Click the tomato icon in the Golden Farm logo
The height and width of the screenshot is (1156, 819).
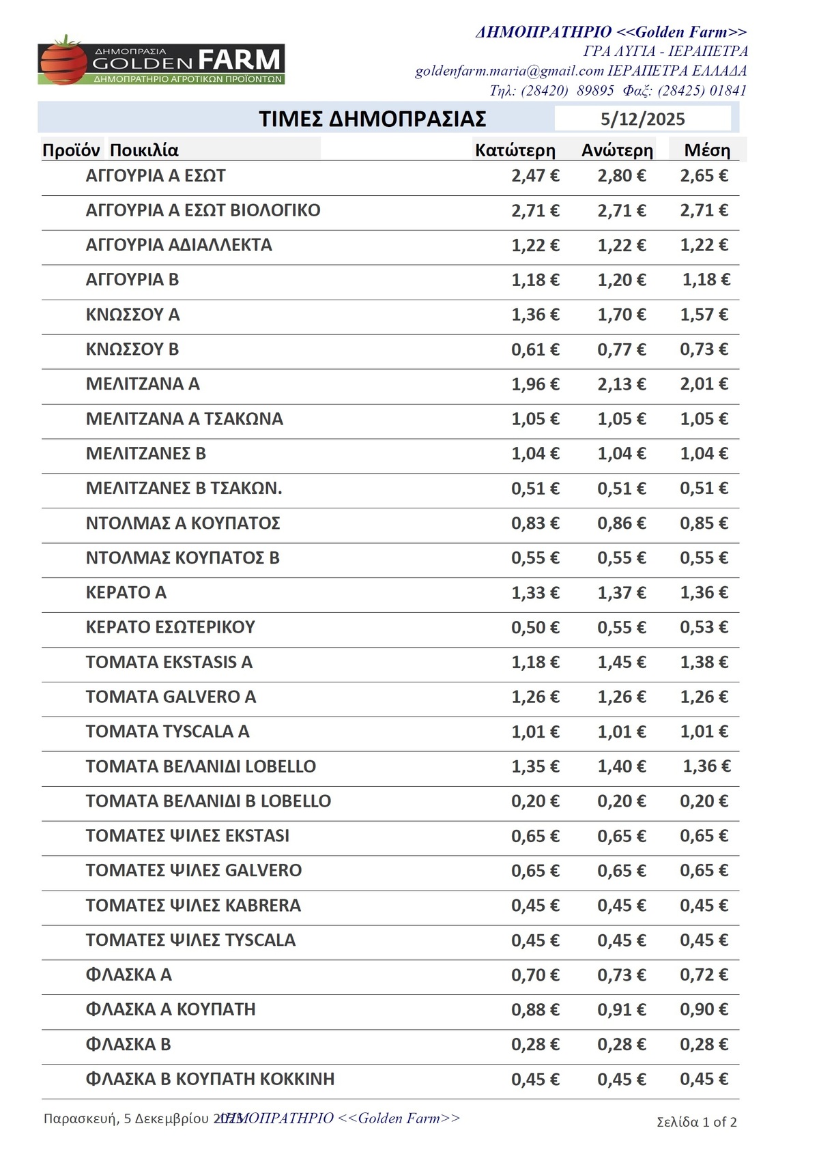pyautogui.click(x=63, y=61)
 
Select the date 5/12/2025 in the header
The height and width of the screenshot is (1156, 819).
pyautogui.click(x=642, y=119)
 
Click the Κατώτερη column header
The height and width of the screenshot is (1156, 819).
pyautogui.click(x=515, y=150)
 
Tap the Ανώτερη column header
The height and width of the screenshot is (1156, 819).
pyautogui.click(x=617, y=150)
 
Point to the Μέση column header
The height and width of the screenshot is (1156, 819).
pyautogui.click(x=707, y=150)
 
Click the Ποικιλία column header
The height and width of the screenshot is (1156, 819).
pyautogui.click(x=144, y=150)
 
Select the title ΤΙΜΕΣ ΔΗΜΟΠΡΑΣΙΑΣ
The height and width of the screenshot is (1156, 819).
pyautogui.click(x=372, y=119)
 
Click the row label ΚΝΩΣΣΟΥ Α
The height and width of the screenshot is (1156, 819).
pyautogui.click(x=132, y=315)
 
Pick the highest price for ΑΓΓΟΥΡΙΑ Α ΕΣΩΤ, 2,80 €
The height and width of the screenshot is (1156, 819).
pyautogui.click(x=621, y=176)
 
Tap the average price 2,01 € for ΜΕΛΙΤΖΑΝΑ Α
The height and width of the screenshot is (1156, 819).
pyautogui.click(x=704, y=384)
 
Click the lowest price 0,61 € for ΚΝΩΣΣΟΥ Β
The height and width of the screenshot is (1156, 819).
pyautogui.click(x=535, y=349)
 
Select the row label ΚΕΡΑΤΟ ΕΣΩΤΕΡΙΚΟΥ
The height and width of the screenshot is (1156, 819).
pyautogui.click(x=170, y=627)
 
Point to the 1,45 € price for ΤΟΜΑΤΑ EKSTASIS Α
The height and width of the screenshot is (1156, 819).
pyautogui.click(x=621, y=662)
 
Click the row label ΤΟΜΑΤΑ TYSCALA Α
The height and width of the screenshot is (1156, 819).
pyautogui.click(x=167, y=732)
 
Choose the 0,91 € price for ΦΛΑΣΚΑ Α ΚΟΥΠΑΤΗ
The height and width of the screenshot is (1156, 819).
pyautogui.click(x=621, y=1009)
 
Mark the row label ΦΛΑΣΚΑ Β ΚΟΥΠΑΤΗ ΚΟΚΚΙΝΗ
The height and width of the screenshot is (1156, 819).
pyautogui.click(x=210, y=1079)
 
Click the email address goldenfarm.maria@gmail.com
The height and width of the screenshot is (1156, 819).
pyautogui.click(x=509, y=71)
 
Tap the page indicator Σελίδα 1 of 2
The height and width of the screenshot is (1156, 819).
pyautogui.click(x=696, y=1122)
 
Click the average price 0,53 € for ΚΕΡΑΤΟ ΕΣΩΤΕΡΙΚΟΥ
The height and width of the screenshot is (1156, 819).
pyautogui.click(x=704, y=627)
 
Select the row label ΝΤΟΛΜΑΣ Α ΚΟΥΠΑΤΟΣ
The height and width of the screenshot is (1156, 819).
pyautogui.click(x=182, y=523)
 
